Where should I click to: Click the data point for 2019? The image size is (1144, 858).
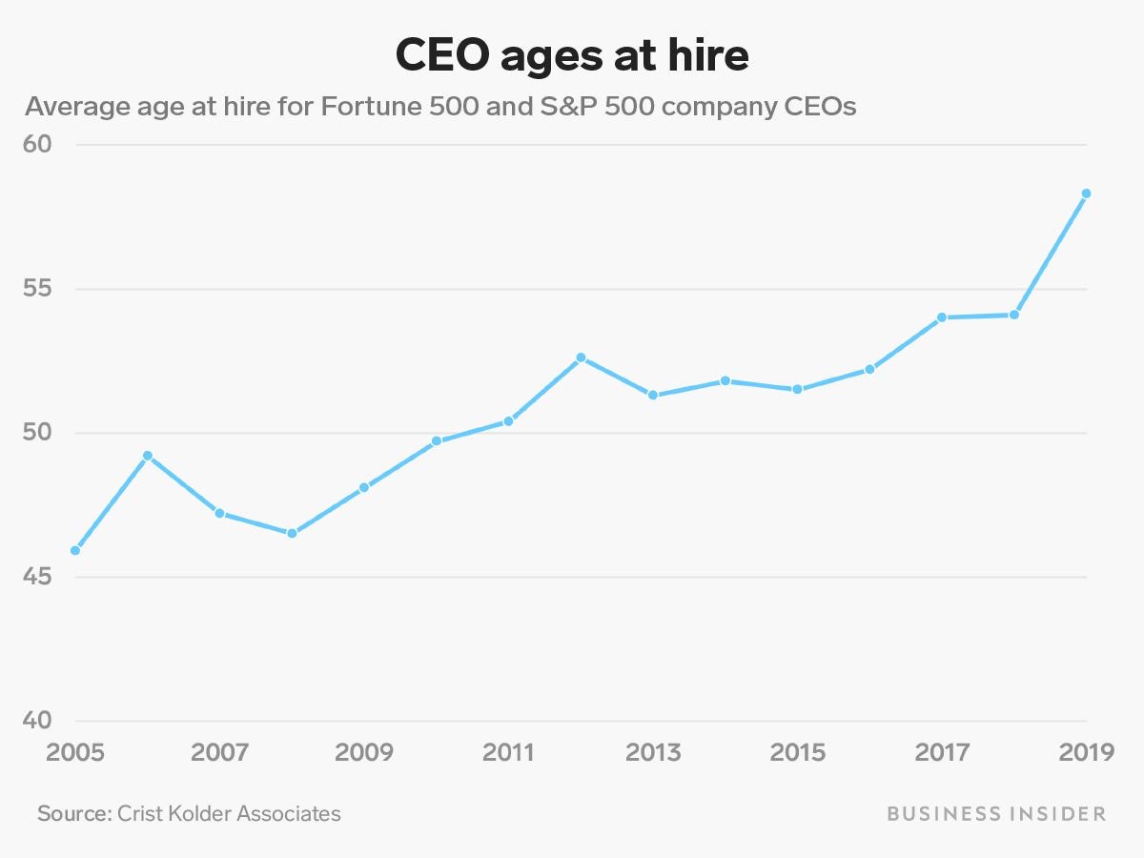pos(1086,194)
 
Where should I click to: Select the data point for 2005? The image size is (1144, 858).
pos(75,550)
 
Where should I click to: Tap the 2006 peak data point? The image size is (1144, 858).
pos(147,456)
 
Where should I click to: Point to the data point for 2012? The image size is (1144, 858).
pos(581,357)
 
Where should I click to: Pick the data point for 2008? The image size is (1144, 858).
pos(292,533)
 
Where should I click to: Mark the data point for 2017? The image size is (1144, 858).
pos(942,317)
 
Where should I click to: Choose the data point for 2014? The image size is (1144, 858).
pos(725,380)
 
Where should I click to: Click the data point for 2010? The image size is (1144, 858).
pos(437,441)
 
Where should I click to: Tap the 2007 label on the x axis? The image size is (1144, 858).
pos(219,752)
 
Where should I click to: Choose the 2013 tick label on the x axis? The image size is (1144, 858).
pos(653,752)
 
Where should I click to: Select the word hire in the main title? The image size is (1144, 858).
pos(708,56)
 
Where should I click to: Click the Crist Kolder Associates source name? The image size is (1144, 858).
pos(228,813)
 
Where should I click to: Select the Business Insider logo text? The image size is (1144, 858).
pos(996,813)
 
